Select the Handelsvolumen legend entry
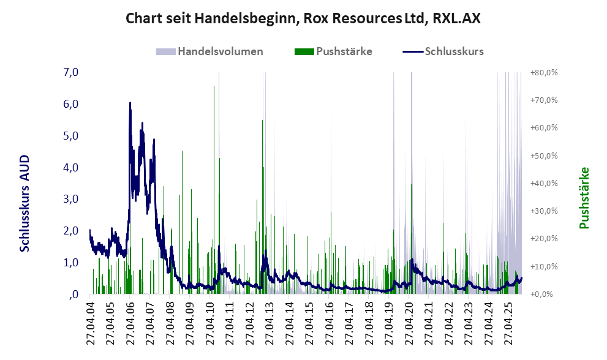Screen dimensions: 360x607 tap(221, 51)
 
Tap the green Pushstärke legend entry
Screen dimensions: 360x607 tap(344, 51)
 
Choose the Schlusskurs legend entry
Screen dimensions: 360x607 tap(454, 51)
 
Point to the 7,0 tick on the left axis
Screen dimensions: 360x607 tap(71, 72)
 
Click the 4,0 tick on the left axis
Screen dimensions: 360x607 tap(71, 167)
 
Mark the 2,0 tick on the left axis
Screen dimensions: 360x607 tap(71, 231)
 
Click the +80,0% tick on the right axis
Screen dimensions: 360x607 tap(544, 72)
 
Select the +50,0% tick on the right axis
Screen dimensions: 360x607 tap(544, 156)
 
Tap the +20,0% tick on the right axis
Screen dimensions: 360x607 tap(544, 239)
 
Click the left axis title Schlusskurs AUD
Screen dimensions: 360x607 tap(25, 203)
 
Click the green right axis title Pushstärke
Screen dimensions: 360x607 tap(584, 198)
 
